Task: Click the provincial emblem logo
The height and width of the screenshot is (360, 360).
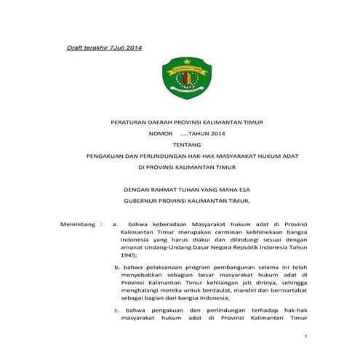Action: pyautogui.click(x=184, y=78)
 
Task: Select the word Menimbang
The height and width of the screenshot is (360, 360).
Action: pyautogui.click(x=78, y=225)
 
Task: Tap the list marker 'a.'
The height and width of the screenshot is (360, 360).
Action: pyautogui.click(x=115, y=225)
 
